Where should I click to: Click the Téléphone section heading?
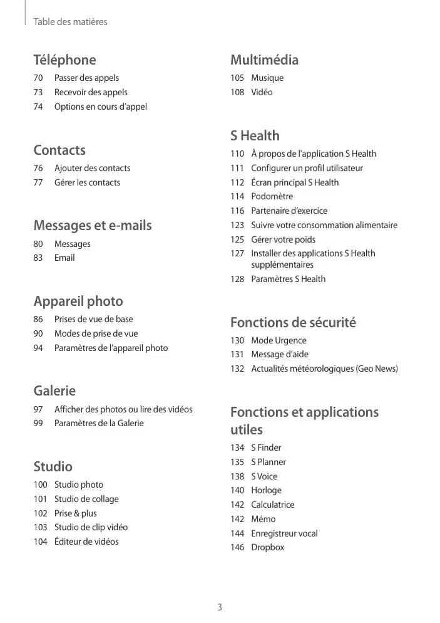point(64,60)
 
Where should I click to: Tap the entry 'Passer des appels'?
point(86,78)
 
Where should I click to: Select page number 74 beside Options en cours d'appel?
point(39,107)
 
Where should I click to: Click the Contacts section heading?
point(59,150)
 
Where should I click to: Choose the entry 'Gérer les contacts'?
point(87,182)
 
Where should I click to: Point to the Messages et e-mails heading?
point(93,226)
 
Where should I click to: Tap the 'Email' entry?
point(64,258)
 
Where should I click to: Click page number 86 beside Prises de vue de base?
point(39,319)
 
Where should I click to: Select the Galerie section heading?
point(54,391)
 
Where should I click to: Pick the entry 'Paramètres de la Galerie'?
point(99,423)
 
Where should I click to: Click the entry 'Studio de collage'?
point(86,499)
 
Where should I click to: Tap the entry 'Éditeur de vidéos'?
point(86,542)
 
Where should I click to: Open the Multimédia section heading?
point(264,60)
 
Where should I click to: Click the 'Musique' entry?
point(267,78)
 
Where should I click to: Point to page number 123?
point(237,225)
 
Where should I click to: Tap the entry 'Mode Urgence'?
point(279,340)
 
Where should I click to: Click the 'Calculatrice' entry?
point(272,505)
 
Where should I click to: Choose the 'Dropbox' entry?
point(267,547)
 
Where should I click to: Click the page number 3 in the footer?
point(220,607)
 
